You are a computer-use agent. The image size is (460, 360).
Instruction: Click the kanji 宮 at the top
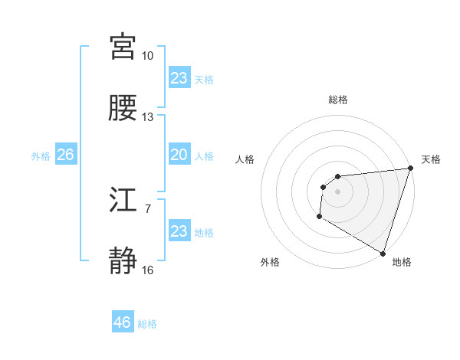coord(123,47)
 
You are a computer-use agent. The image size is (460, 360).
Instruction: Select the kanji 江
coord(123,201)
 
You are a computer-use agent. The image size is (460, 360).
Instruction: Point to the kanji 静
coord(123,261)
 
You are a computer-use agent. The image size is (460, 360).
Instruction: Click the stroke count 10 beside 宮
coord(147,56)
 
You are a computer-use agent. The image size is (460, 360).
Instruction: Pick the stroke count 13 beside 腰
coord(147,117)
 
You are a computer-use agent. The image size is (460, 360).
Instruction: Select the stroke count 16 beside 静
coord(147,270)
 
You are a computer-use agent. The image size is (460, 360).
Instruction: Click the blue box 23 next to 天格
coord(179,78)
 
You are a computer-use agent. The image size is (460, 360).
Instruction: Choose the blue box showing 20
coord(179,155)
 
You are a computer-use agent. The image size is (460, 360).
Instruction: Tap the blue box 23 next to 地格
coord(179,231)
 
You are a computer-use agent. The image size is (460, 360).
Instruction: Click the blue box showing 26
coord(65,155)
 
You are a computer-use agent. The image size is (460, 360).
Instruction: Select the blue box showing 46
coord(123,322)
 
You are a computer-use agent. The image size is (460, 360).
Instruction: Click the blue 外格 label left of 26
coord(41,155)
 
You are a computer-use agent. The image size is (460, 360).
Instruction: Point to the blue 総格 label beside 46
coord(147,324)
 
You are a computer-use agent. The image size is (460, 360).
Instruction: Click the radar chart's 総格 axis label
coord(338,100)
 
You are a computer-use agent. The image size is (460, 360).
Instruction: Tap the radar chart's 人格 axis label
coord(245,159)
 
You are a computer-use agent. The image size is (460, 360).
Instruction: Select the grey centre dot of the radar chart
coord(337,191)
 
